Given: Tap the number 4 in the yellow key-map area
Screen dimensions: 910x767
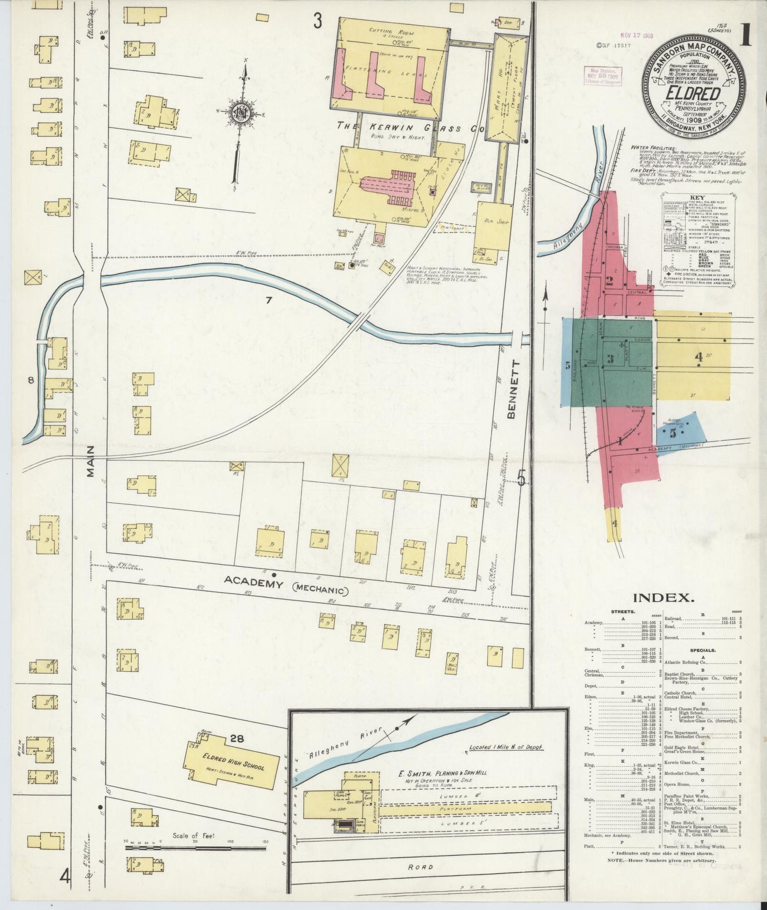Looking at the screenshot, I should [x=699, y=357].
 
